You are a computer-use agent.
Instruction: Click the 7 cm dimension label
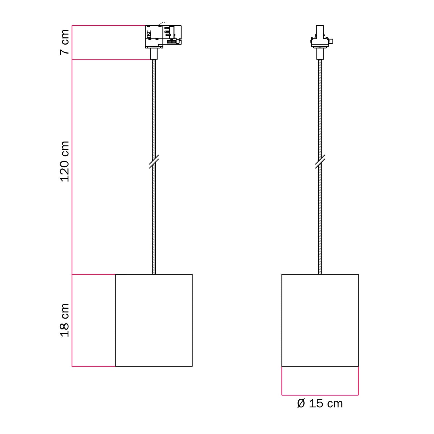point(65,42)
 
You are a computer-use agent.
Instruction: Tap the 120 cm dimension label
point(65,161)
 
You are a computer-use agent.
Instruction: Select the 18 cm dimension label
point(65,320)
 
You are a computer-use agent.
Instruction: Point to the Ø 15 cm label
point(320,404)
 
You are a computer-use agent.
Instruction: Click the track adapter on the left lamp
point(163,36)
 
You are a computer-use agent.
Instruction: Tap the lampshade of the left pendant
point(154,320)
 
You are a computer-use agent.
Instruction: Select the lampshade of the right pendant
point(320,320)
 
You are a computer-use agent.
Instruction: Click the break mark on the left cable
point(154,161)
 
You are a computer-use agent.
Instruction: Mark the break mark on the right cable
point(320,161)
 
